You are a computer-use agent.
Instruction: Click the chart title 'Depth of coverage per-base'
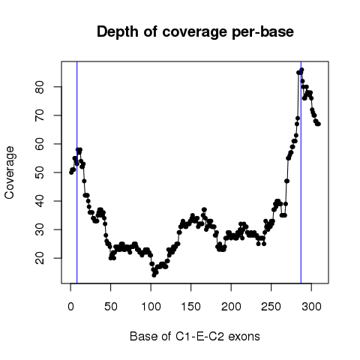[195, 32]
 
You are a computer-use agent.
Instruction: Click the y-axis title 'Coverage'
[10, 172]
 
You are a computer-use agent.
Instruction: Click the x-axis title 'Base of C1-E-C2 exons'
[195, 336]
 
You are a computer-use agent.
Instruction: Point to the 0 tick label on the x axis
[70, 307]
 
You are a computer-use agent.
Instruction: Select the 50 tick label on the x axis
[111, 307]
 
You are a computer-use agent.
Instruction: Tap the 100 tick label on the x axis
[151, 307]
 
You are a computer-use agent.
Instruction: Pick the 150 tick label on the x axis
[191, 307]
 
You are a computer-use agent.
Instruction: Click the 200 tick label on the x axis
[231, 307]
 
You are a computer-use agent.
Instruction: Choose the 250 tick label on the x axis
[271, 307]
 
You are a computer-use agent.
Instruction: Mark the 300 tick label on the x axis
[311, 307]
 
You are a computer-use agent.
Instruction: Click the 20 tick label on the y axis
[40, 258]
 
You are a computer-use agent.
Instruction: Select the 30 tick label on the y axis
[40, 229]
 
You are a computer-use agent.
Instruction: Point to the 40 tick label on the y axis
[40, 201]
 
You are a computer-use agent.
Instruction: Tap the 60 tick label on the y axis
[40, 144]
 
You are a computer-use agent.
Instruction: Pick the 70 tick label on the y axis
[40, 115]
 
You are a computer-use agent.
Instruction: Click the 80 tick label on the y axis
[40, 87]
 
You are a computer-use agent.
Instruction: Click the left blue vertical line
[77, 172]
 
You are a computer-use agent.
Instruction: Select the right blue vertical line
[301, 172]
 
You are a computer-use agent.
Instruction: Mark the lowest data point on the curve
[154, 275]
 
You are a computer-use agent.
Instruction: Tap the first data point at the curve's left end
[71, 172]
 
